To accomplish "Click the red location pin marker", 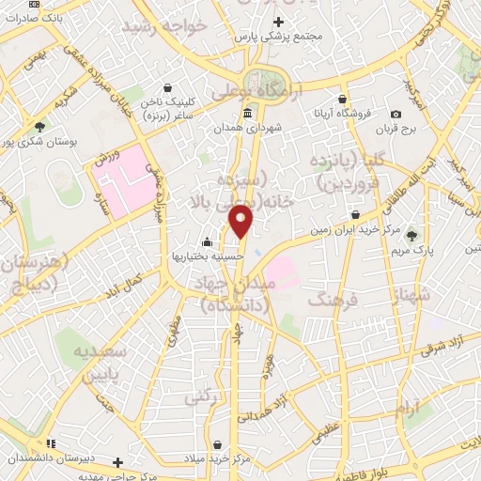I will [242, 221].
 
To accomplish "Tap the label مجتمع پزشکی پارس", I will [279, 36].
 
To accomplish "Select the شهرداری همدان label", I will [246, 127].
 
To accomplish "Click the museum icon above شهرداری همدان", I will [247, 113].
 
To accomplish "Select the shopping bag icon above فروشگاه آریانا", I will [343, 99].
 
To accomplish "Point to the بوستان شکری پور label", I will [39, 142].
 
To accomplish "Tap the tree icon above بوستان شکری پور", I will [39, 127].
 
